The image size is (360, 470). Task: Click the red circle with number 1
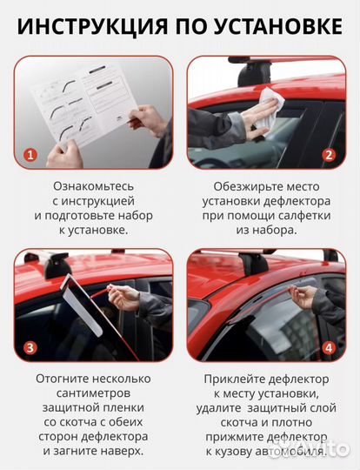coord(30,156)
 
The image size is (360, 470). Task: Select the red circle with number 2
coord(329,156)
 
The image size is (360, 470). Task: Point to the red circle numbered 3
coord(30,348)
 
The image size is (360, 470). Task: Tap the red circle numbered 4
coord(329,348)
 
